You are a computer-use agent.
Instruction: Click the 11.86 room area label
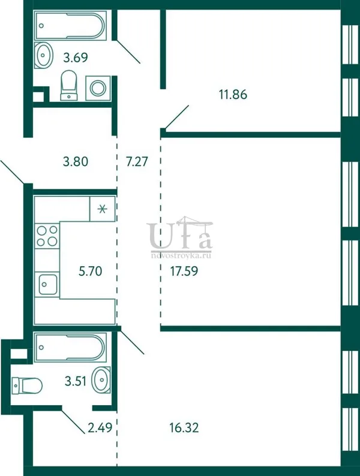pos(233,94)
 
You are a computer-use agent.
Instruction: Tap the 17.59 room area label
pos(184,271)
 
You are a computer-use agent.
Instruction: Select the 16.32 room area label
pos(184,427)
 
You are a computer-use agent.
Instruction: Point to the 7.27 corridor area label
pos(137,161)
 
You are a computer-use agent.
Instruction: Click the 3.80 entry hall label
pos(76,161)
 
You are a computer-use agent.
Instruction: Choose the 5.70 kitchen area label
pos(90,271)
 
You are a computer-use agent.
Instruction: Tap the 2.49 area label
pos(100,427)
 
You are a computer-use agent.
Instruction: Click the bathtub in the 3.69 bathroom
pos(70,26)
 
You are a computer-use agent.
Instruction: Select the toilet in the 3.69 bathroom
pos(68,85)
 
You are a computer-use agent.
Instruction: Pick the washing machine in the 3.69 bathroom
pos(98,88)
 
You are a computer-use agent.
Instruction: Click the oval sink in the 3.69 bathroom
pos(43,55)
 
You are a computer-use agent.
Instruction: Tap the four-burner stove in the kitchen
pos(47,236)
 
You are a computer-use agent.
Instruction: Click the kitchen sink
pos(47,284)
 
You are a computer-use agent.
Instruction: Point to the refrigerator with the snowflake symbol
pos(103,209)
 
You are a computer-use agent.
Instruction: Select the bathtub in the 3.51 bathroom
pos(70,348)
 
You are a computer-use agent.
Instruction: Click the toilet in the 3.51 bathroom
pos(27,385)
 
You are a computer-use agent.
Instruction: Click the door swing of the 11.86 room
pos(177,117)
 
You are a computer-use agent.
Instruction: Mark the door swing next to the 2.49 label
pos(73,421)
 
